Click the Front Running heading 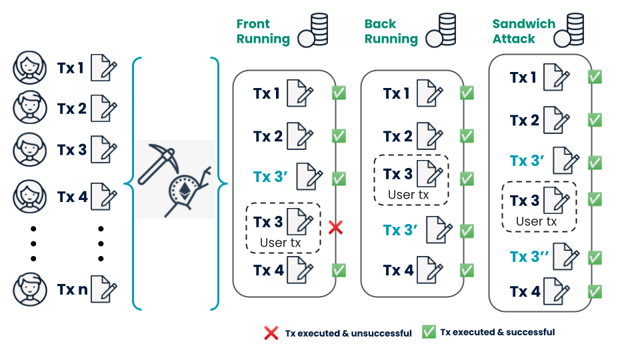[263, 31]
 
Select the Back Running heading [391, 31]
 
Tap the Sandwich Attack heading [523, 31]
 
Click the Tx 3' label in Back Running [400, 230]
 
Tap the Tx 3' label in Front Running [271, 177]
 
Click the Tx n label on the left [72, 289]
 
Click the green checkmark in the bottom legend [429, 332]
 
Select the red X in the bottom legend [271, 333]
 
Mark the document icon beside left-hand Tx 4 [103, 197]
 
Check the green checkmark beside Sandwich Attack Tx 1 [595, 77]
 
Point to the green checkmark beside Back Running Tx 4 [467, 270]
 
